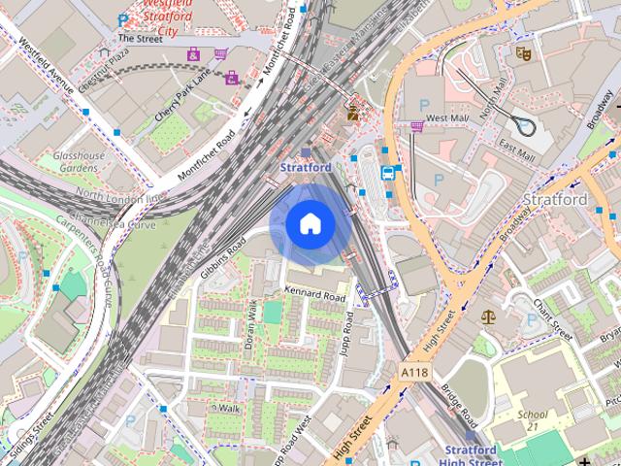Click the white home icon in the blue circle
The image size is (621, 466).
click(310, 224)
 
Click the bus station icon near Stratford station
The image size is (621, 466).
click(388, 173)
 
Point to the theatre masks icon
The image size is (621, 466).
click(523, 54)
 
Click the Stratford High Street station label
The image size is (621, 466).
click(469, 455)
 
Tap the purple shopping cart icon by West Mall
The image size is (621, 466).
click(417, 124)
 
